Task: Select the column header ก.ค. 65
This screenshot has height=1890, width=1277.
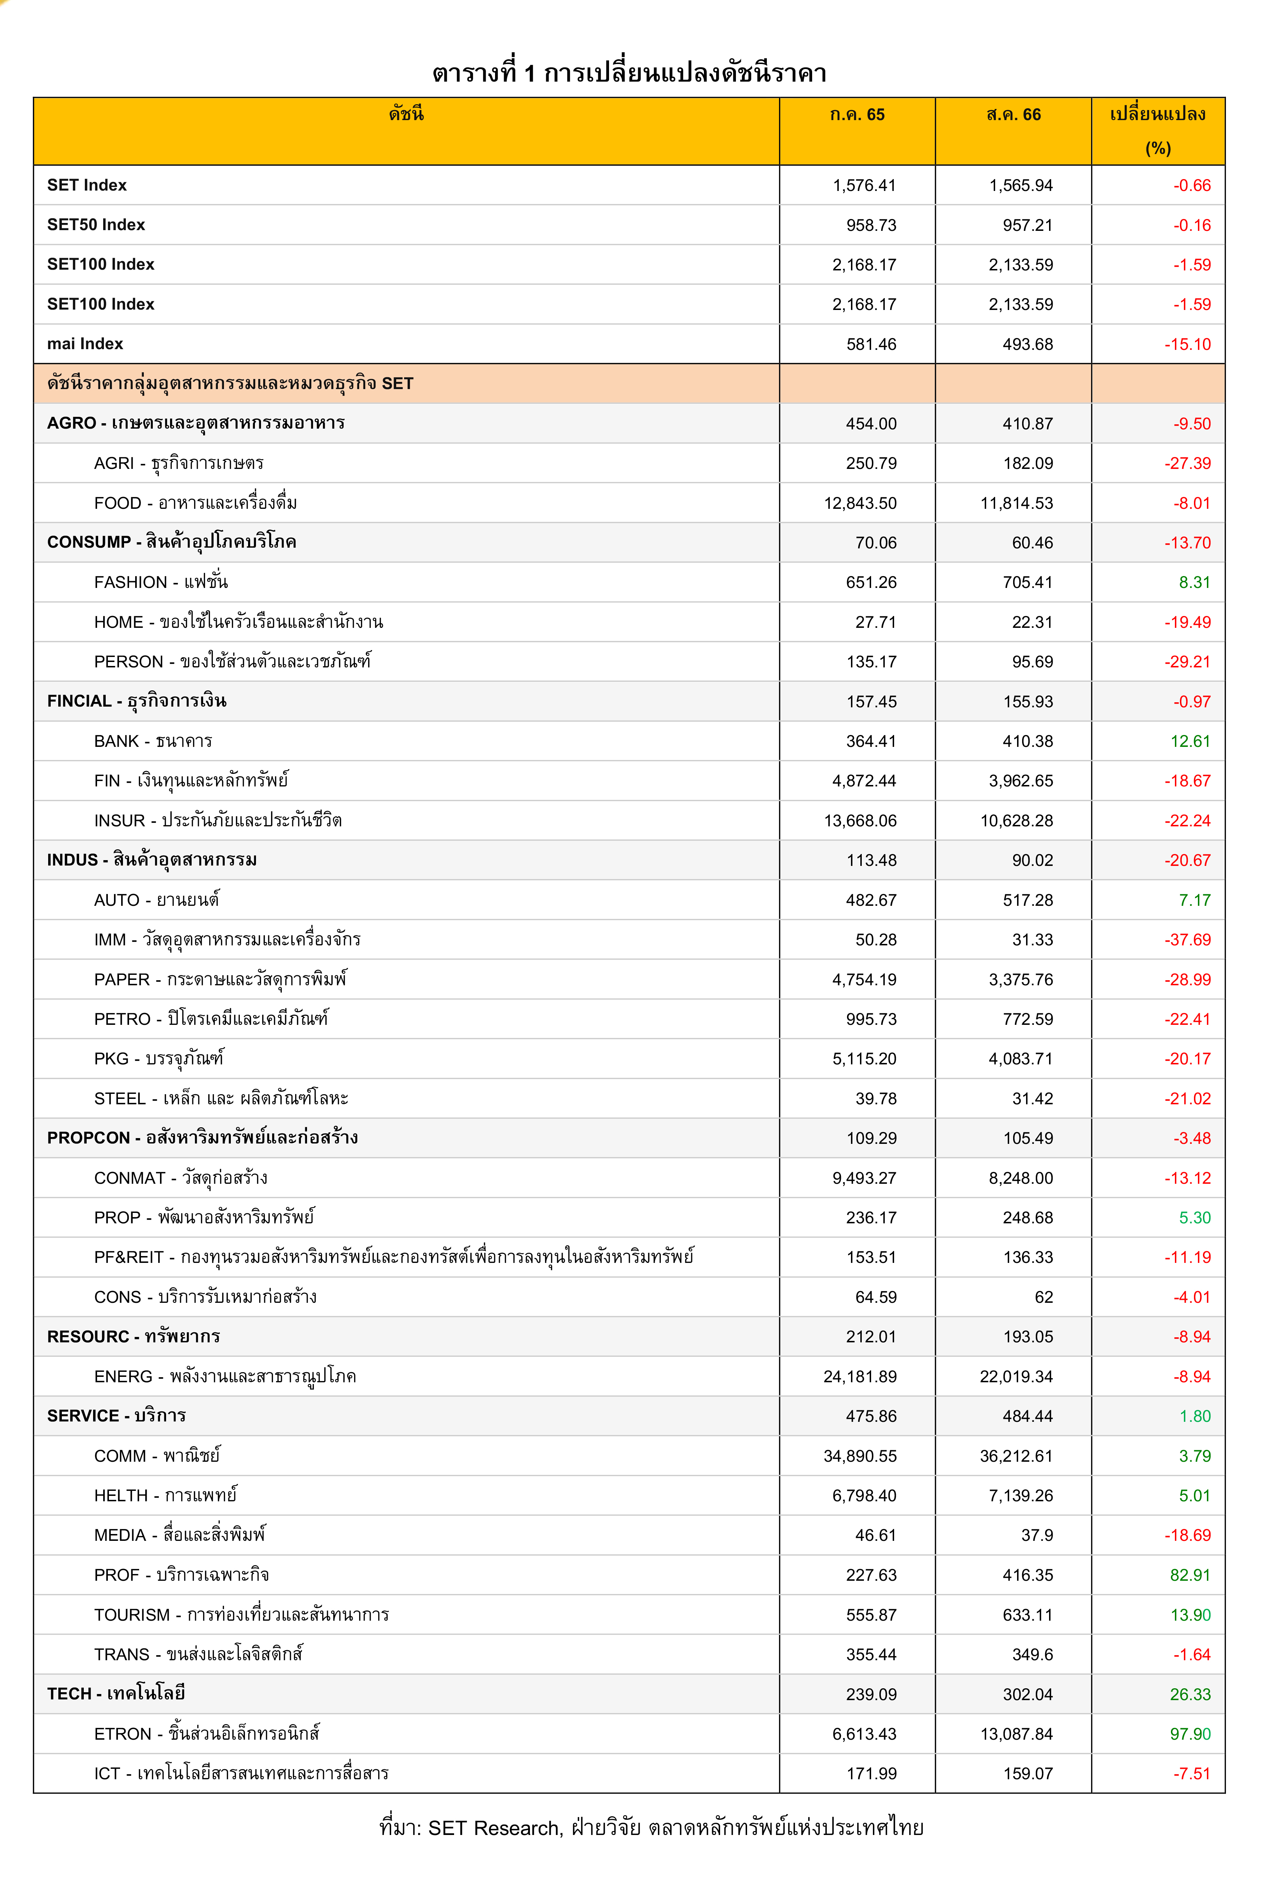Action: pyautogui.click(x=857, y=115)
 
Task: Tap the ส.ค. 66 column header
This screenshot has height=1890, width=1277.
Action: pyautogui.click(x=1013, y=115)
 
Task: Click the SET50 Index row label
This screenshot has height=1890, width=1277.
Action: pyautogui.click(x=96, y=224)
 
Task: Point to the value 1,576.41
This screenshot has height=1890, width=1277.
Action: pyautogui.click(x=864, y=186)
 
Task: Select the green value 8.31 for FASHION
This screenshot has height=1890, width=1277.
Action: pyautogui.click(x=1194, y=582)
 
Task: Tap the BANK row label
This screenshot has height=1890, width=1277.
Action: pyautogui.click(x=153, y=741)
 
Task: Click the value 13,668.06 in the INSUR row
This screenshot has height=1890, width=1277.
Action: pyautogui.click(x=860, y=821)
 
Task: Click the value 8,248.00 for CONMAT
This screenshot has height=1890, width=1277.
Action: pyautogui.click(x=1020, y=1178)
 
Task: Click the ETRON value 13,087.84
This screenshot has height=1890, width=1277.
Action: pyautogui.click(x=1016, y=1734)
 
